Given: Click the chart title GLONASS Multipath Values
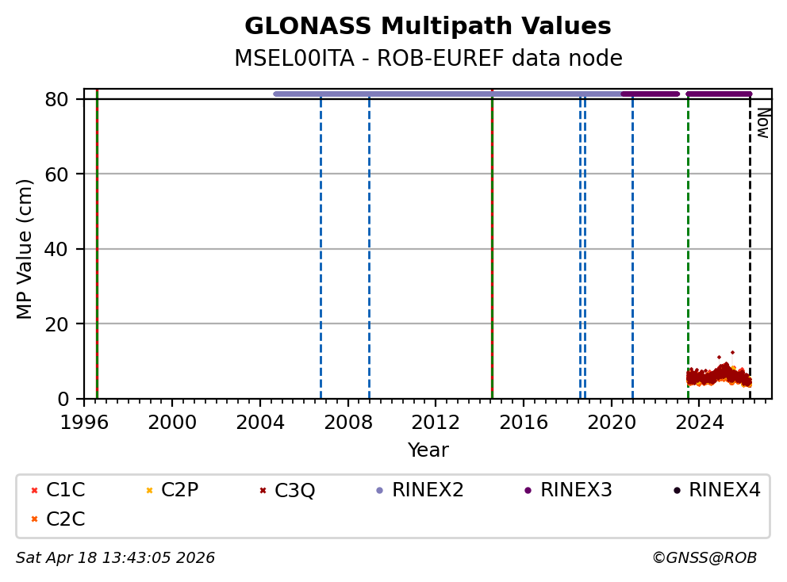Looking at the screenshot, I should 428,26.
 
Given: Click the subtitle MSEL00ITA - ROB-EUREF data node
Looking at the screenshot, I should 428,59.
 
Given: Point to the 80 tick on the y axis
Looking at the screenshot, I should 66,99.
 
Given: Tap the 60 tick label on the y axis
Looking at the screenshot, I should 66,174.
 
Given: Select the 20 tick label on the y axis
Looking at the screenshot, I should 66,324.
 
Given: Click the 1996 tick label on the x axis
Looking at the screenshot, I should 85,422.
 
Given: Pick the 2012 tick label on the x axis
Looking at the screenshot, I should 436,422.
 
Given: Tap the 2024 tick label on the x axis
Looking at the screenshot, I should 699,422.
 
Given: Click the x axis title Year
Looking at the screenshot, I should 428,450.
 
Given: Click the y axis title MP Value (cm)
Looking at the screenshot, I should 25,249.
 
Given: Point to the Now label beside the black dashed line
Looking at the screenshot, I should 762,123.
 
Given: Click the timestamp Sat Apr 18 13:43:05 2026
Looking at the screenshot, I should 115,558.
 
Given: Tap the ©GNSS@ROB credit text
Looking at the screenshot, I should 704,558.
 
